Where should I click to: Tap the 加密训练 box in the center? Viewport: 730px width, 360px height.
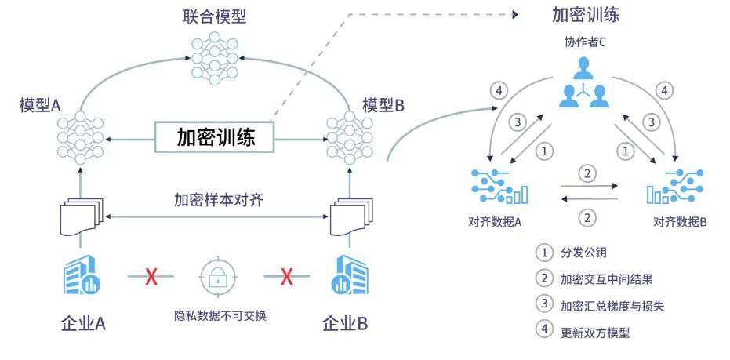coord(216,138)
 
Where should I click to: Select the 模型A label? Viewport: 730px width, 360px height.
coord(40,105)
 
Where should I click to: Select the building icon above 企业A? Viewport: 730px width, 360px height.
coord(80,274)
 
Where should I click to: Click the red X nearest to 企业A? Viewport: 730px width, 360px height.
coord(151,275)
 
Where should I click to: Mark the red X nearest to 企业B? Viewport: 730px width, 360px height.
coord(287,275)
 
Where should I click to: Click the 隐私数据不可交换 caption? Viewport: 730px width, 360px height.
coord(220,316)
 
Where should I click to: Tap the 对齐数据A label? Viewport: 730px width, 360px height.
coord(495,222)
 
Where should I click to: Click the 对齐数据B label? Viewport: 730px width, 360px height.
coord(680,222)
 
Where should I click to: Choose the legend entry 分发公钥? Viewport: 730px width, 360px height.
coord(584,253)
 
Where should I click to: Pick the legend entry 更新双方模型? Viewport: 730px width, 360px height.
coord(595,332)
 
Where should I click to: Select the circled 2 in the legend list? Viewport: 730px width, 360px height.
coord(543,278)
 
